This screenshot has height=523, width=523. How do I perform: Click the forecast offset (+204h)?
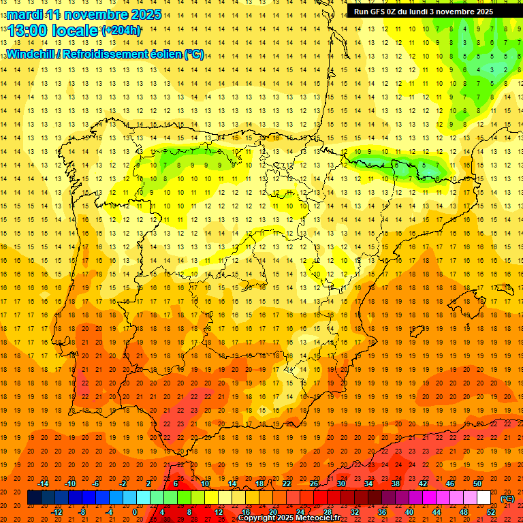click(x=121, y=31)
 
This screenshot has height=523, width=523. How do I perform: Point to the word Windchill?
click(x=32, y=54)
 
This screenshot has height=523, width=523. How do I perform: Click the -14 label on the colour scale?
click(x=43, y=484)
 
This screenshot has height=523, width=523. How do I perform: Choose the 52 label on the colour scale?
click(x=491, y=512)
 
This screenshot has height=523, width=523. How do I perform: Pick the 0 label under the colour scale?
click(x=135, y=512)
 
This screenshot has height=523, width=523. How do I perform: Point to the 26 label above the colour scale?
click(x=314, y=484)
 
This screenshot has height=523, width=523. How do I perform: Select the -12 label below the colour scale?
click(x=57, y=512)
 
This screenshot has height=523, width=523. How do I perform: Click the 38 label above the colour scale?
click(x=395, y=484)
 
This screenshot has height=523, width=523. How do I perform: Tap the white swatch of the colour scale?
click(x=484, y=498)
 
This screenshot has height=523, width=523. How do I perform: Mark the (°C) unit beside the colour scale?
click(x=507, y=498)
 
